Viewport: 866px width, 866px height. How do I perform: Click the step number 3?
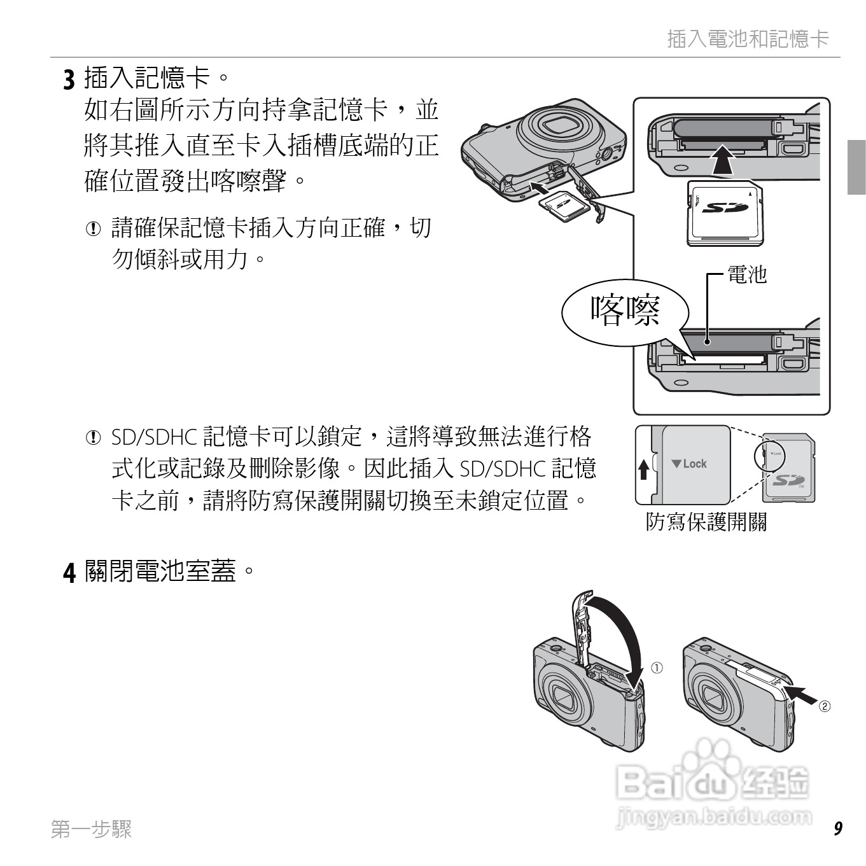click(68, 80)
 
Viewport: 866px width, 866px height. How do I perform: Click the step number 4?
click(69, 572)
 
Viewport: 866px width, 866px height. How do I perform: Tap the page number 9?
click(837, 828)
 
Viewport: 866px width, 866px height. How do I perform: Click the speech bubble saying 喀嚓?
click(625, 311)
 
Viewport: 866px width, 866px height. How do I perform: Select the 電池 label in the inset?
click(747, 274)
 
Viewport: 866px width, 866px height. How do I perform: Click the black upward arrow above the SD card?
click(722, 160)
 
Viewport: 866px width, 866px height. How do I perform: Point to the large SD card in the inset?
click(725, 213)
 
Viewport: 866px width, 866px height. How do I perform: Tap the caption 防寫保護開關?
click(706, 522)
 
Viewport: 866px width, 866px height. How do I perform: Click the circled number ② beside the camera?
click(824, 706)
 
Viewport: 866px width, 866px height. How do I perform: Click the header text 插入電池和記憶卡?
click(748, 39)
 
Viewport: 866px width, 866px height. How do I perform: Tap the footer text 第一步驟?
click(92, 829)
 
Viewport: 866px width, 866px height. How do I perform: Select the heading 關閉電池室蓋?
click(160, 571)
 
